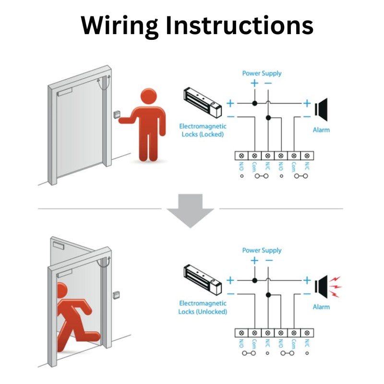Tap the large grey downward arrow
point(191,210)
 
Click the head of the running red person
point(61,289)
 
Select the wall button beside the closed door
point(117,115)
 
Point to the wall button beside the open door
point(116,294)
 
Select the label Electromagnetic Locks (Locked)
point(203,130)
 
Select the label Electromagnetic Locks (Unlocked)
point(203,307)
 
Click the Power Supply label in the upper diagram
point(262,73)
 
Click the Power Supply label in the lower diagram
point(262,250)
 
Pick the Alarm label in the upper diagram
point(321,130)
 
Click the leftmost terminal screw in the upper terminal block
point(241,156)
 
